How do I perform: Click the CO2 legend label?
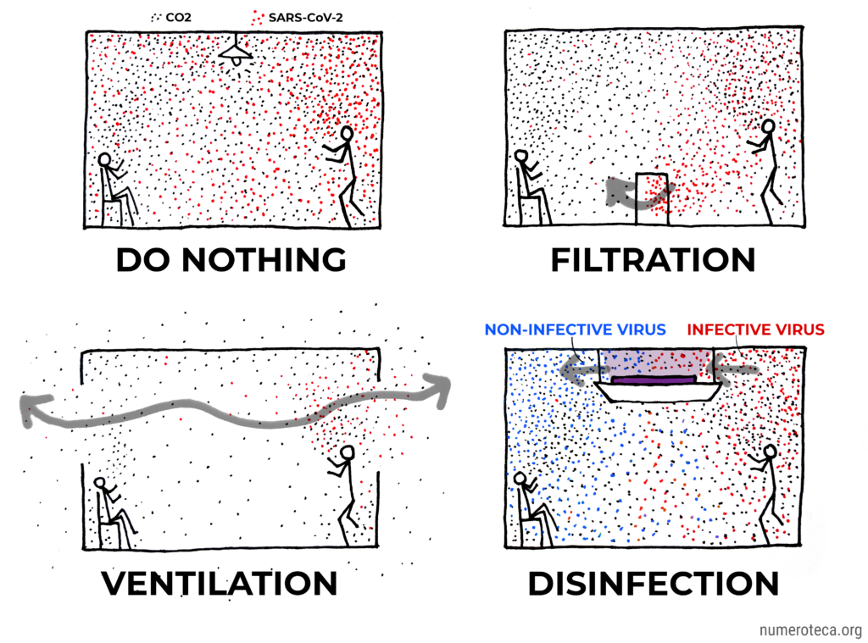tap(178, 18)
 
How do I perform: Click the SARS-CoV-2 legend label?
tap(305, 18)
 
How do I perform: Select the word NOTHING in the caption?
tap(264, 259)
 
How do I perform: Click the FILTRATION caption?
tap(654, 259)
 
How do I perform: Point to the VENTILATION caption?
tap(220, 583)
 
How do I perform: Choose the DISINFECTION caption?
tap(654, 583)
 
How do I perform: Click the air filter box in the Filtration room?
tap(652, 198)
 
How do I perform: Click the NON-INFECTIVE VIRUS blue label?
tap(576, 330)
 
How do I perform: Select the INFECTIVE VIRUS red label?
tap(755, 330)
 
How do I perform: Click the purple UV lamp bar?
tap(654, 380)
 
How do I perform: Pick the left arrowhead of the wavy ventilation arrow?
tap(34, 410)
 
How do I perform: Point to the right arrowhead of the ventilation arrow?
tap(438, 389)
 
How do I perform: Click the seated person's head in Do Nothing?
tap(104, 160)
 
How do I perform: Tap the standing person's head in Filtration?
tap(767, 127)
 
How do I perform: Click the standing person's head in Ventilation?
tap(348, 452)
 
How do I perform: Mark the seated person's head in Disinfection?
tap(520, 479)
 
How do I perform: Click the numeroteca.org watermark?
tap(810, 630)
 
